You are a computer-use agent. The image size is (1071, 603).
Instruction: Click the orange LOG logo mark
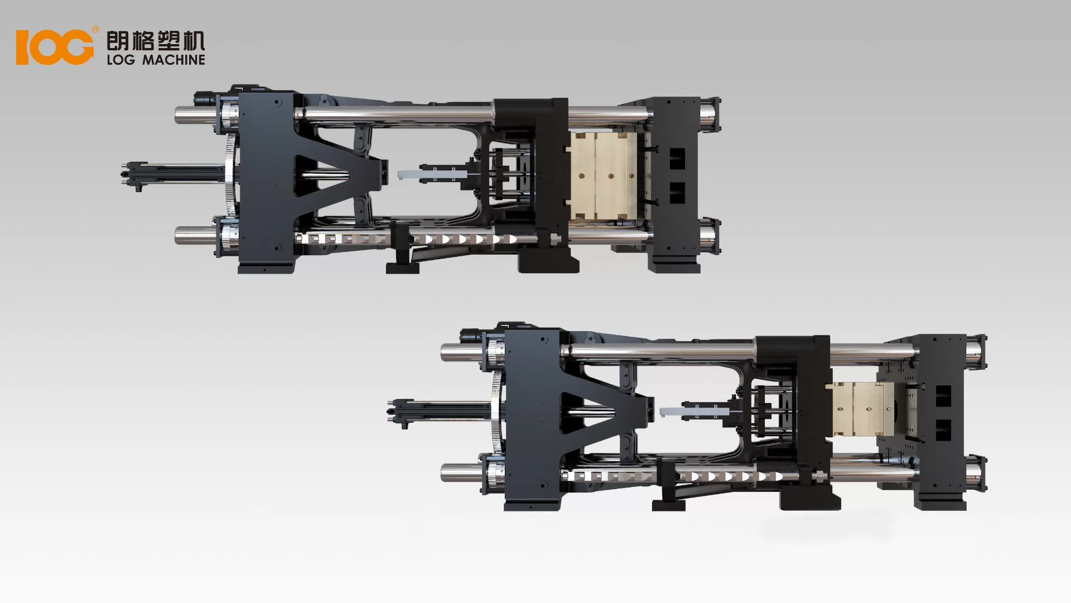point(55,47)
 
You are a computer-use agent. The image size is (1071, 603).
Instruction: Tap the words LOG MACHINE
point(156,60)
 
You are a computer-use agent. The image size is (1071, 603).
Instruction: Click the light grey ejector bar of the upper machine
point(409,175)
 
